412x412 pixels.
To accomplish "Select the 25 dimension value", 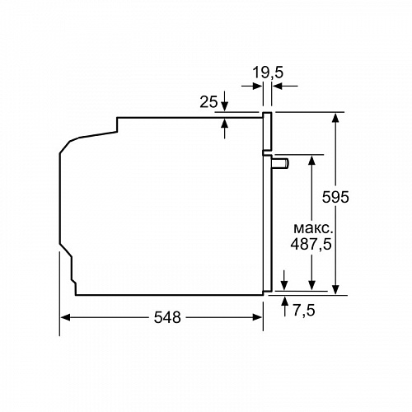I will pos(208,102).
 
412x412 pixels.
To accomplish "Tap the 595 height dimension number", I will pos(335,198).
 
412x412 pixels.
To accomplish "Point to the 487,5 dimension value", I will pos(313,244).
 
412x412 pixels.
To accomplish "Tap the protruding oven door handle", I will pos(281,163).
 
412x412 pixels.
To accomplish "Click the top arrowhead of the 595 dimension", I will pos(336,118).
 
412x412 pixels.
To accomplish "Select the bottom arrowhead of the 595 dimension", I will pos(336,288).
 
